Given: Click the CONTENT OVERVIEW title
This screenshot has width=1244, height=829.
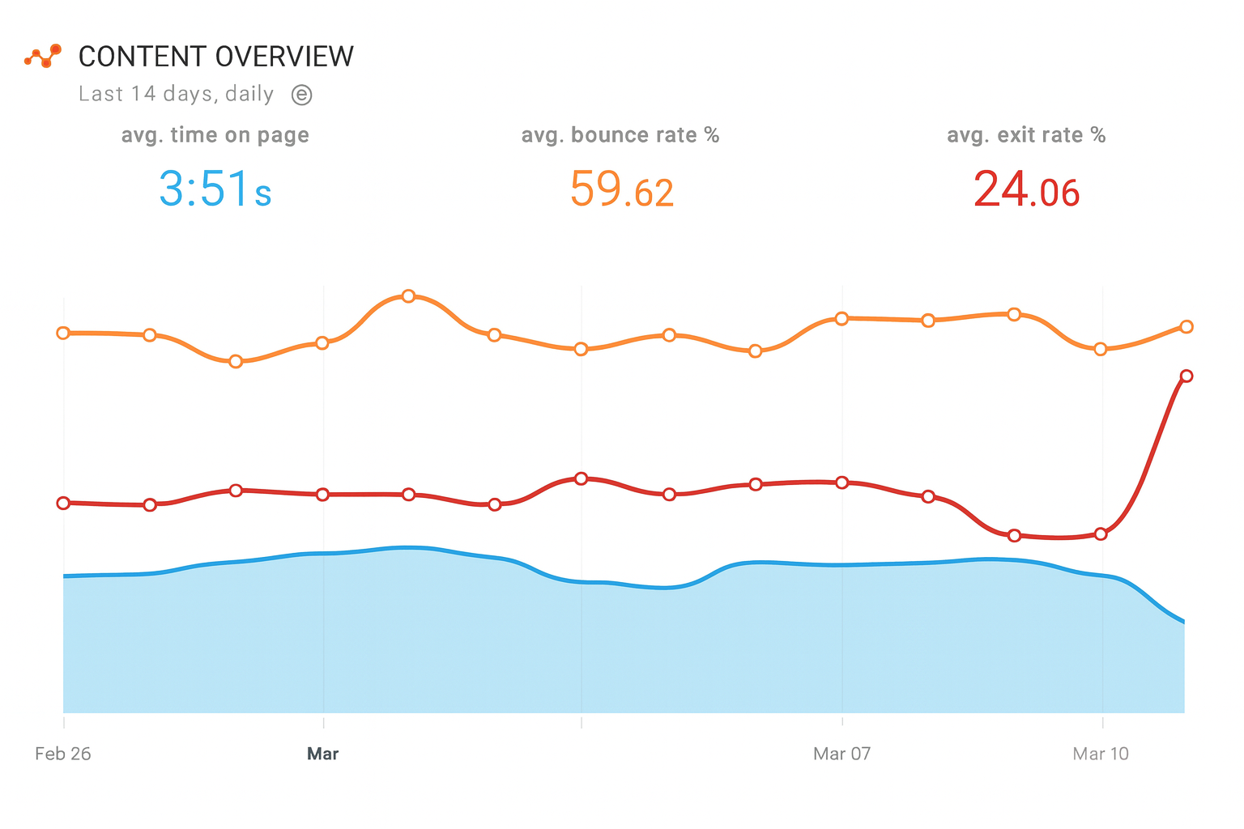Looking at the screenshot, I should tap(215, 57).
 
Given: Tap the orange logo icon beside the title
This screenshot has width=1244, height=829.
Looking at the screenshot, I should tap(43, 56).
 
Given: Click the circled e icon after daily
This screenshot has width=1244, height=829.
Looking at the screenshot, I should tap(301, 95).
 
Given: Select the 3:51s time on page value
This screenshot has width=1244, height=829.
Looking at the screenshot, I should tap(215, 189).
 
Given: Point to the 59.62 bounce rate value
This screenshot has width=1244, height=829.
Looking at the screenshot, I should tap(621, 189).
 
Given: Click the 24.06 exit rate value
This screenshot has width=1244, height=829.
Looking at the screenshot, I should tap(1026, 189).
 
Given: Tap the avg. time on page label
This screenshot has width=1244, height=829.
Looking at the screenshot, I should tap(215, 135).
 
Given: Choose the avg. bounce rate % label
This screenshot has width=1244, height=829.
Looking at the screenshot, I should tap(620, 135).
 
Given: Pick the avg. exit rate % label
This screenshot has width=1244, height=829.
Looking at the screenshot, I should tap(1026, 135).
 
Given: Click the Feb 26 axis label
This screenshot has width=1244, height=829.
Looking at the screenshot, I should tap(63, 754).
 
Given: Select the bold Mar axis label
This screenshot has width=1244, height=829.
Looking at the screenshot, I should tap(322, 754).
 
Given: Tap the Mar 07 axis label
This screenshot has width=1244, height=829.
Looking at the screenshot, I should tap(841, 754).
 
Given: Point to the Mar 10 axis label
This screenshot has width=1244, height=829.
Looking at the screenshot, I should tap(1100, 754).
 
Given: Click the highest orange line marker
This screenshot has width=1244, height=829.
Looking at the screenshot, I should tap(408, 296).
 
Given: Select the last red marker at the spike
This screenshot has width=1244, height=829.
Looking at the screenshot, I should tap(1186, 376).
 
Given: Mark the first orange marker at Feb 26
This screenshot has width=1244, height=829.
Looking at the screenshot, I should tap(63, 333).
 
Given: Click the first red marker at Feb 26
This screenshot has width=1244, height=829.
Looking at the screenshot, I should tap(63, 503).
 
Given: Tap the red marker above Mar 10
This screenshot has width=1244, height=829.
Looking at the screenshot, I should tap(1101, 534).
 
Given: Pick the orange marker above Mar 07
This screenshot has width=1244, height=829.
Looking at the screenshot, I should tap(841, 318).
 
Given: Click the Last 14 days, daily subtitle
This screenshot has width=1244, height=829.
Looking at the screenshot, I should tap(177, 94).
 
